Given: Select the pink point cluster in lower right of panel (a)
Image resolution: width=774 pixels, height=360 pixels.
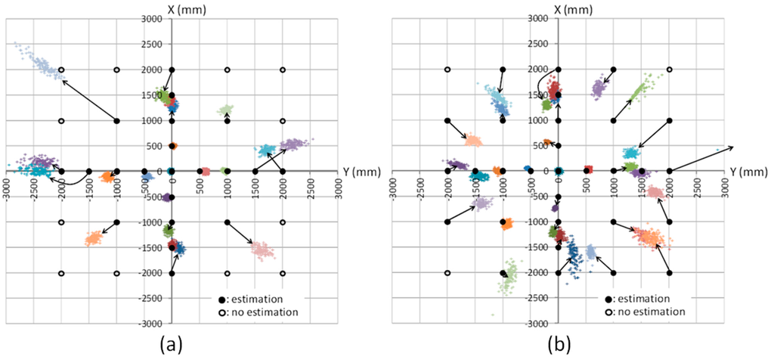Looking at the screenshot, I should coord(262,249).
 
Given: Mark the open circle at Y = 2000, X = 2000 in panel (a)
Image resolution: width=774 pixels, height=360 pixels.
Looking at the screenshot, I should coord(283,70).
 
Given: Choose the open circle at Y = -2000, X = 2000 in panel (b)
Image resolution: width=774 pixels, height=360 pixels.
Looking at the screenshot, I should coord(447,70).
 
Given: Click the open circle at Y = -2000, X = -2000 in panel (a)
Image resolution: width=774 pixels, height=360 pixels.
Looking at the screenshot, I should coord(61,273).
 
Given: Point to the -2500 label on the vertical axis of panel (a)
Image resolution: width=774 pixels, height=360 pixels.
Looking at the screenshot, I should coord(155,299).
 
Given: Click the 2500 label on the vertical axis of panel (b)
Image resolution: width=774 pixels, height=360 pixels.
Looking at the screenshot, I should coord(544,44).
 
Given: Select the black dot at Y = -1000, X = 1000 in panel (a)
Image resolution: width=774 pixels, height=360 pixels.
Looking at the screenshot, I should coord(116,120).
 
